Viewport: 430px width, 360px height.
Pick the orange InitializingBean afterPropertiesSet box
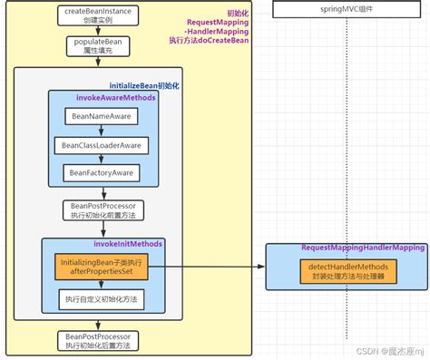tap(103, 267)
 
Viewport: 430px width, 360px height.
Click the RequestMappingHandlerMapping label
tap(362, 248)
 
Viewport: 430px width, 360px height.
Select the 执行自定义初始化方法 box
tap(101, 297)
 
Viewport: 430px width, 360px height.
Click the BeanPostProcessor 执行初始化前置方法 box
tap(102, 211)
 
